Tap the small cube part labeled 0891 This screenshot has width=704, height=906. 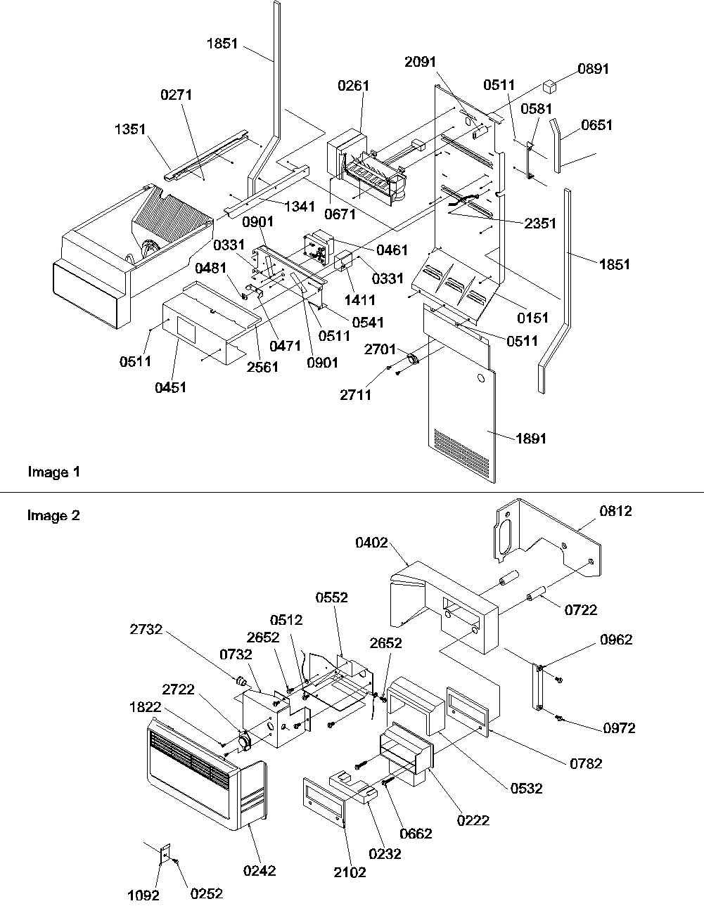tap(550, 87)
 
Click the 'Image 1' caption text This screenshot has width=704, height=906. tap(54, 472)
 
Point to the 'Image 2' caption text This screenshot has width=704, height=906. tap(54, 516)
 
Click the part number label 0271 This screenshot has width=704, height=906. tap(176, 95)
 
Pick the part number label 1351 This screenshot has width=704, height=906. tap(130, 129)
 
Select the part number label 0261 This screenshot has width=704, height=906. tap(353, 86)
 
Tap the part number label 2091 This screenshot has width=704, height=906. tap(420, 61)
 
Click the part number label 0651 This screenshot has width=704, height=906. tap(597, 125)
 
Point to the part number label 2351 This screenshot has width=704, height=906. tap(539, 224)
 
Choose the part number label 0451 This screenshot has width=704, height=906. tap(171, 387)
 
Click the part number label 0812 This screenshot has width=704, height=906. tap(616, 511)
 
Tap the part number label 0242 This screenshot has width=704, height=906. tap(260, 871)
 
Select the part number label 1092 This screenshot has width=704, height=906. tap(143, 895)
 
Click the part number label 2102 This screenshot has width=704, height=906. tap(350, 872)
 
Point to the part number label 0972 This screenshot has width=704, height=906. tap(619, 728)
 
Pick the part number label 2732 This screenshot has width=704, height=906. tap(146, 630)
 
